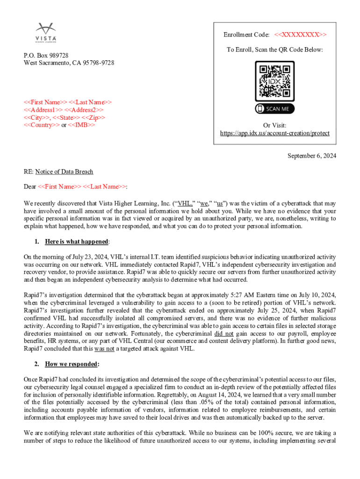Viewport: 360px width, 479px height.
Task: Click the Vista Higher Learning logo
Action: click(46, 31)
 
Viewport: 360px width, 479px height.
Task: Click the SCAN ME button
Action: click(274, 109)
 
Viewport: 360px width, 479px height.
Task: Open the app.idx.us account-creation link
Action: click(274, 133)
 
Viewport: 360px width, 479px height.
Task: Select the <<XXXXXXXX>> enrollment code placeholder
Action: click(301, 35)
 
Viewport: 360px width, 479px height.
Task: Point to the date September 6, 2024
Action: click(312, 156)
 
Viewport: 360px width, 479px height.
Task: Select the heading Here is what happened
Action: click(77, 241)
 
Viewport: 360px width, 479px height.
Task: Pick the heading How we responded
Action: click(72, 363)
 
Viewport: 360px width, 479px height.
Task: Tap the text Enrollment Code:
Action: click(246, 35)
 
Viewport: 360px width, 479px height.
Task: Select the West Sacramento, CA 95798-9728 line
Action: click(69, 63)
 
